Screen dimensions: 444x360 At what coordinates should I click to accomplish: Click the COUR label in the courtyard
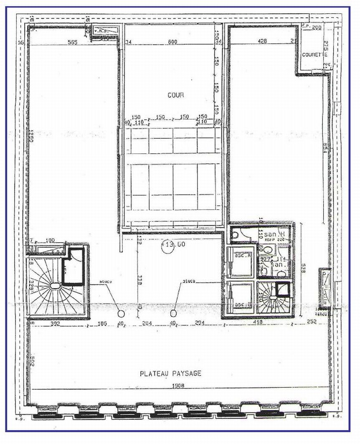tap(176, 95)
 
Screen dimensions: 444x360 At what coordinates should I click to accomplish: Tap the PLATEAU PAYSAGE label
tap(170, 373)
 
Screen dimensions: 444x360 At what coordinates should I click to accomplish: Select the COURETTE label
tap(314, 55)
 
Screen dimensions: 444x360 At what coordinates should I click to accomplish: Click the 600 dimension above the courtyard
tap(172, 41)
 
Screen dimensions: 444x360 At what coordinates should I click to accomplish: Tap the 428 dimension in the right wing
tap(263, 41)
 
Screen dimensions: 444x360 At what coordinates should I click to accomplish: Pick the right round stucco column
tap(174, 313)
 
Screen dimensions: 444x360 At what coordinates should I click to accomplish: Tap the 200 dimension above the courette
tap(316, 28)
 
